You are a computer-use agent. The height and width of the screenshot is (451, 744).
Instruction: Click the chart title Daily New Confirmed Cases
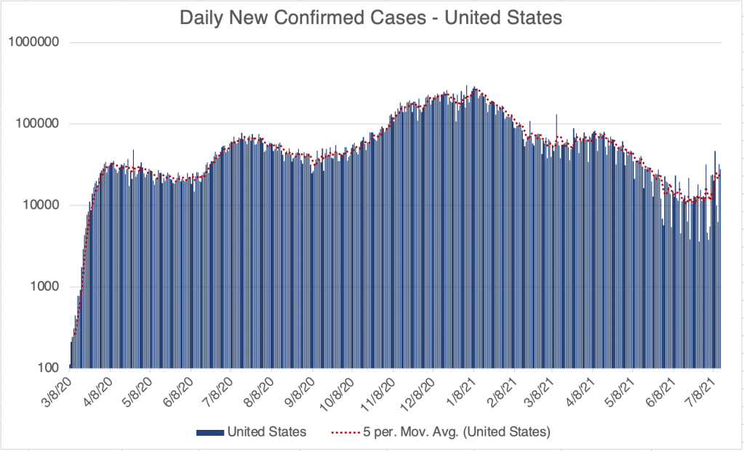371,18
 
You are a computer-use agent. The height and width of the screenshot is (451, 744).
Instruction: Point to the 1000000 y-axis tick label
33,42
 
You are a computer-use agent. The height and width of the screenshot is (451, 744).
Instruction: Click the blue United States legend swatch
209,432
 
